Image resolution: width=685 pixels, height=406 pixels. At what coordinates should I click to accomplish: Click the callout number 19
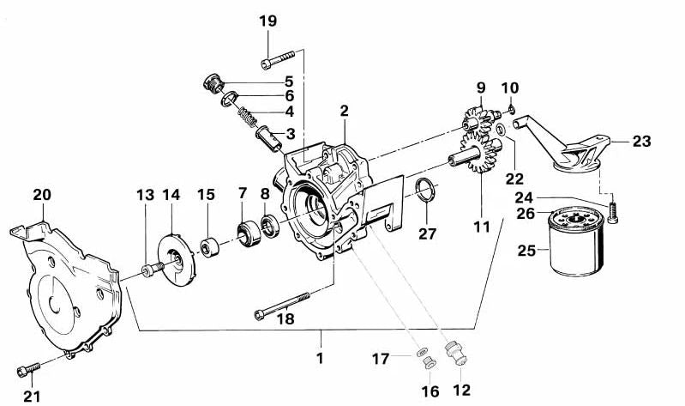[267, 21]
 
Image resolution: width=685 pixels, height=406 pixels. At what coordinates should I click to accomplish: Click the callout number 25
[525, 251]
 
